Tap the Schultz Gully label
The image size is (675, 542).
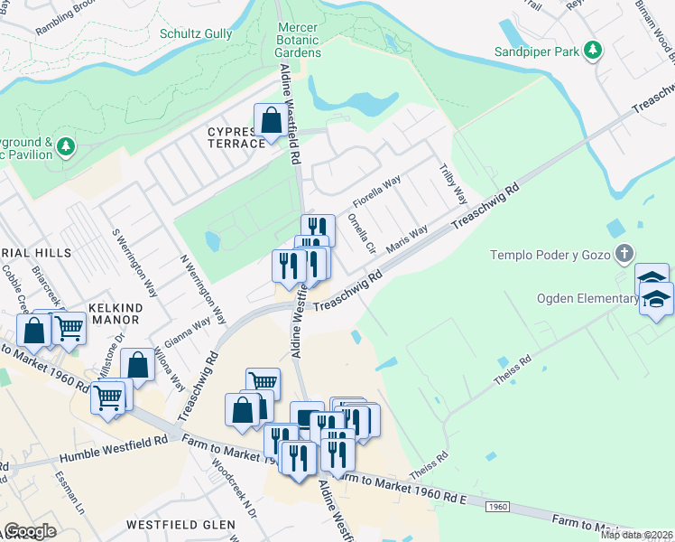196,34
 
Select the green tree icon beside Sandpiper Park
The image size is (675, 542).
593,51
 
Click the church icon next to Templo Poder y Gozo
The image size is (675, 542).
624,254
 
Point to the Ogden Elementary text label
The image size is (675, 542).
587,299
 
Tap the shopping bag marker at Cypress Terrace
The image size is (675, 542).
271,122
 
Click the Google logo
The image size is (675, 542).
30,531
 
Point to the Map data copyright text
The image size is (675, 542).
636,535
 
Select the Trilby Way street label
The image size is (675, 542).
453,183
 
